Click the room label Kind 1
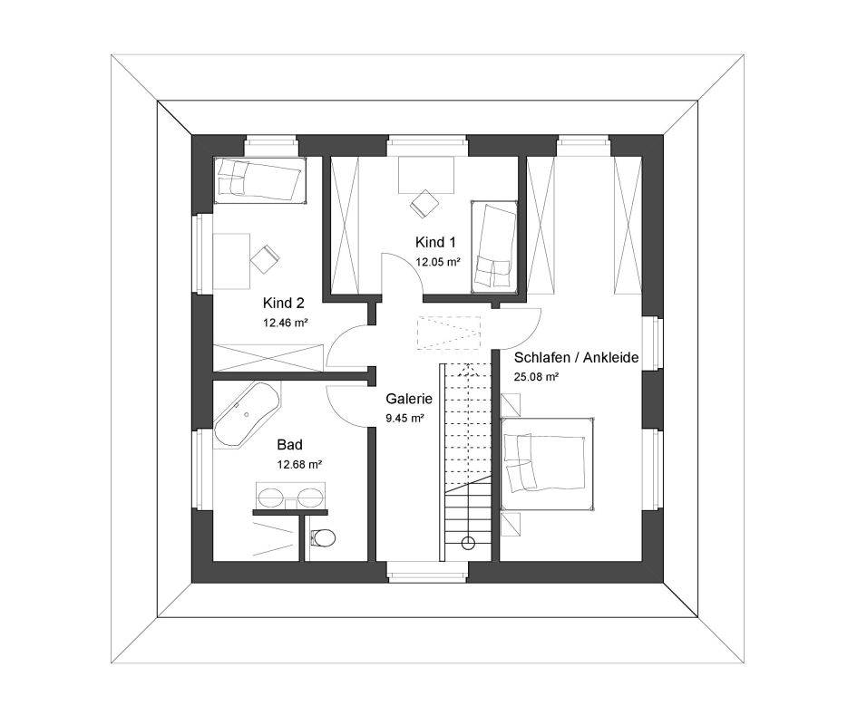click(435, 242)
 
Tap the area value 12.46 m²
click(286, 323)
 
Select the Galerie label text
click(409, 399)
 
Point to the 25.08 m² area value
click(536, 377)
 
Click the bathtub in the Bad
click(246, 412)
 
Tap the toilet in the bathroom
click(323, 537)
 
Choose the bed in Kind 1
click(494, 246)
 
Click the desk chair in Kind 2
click(265, 258)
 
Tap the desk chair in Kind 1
click(424, 203)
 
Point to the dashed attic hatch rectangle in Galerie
click(449, 333)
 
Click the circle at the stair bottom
click(468, 543)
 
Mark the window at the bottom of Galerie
click(427, 572)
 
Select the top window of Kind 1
click(427, 145)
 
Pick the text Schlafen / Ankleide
click(576, 358)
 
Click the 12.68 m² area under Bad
click(299, 465)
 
